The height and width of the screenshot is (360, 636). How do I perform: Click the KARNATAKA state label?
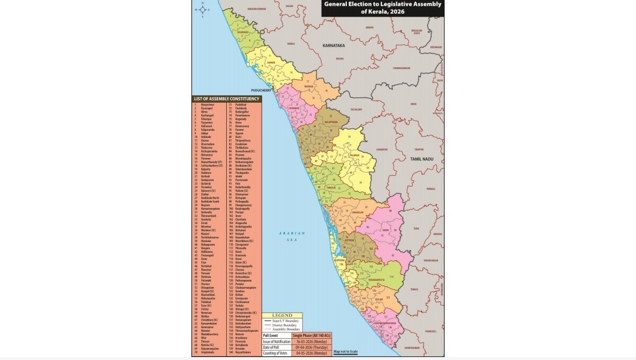pos(333,45)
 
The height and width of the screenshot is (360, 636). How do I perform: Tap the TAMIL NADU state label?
pos(422,160)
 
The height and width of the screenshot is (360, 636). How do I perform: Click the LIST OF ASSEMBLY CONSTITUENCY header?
pos(227,98)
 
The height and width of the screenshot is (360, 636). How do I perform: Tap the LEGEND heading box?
pos(282,315)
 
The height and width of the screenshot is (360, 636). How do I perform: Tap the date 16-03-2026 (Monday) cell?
pos(313,341)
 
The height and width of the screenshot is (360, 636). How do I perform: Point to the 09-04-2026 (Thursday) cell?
pos(313,346)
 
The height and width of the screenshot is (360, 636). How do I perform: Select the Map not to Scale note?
pos(346,352)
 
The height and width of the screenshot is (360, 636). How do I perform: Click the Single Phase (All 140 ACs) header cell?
pos(313,335)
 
